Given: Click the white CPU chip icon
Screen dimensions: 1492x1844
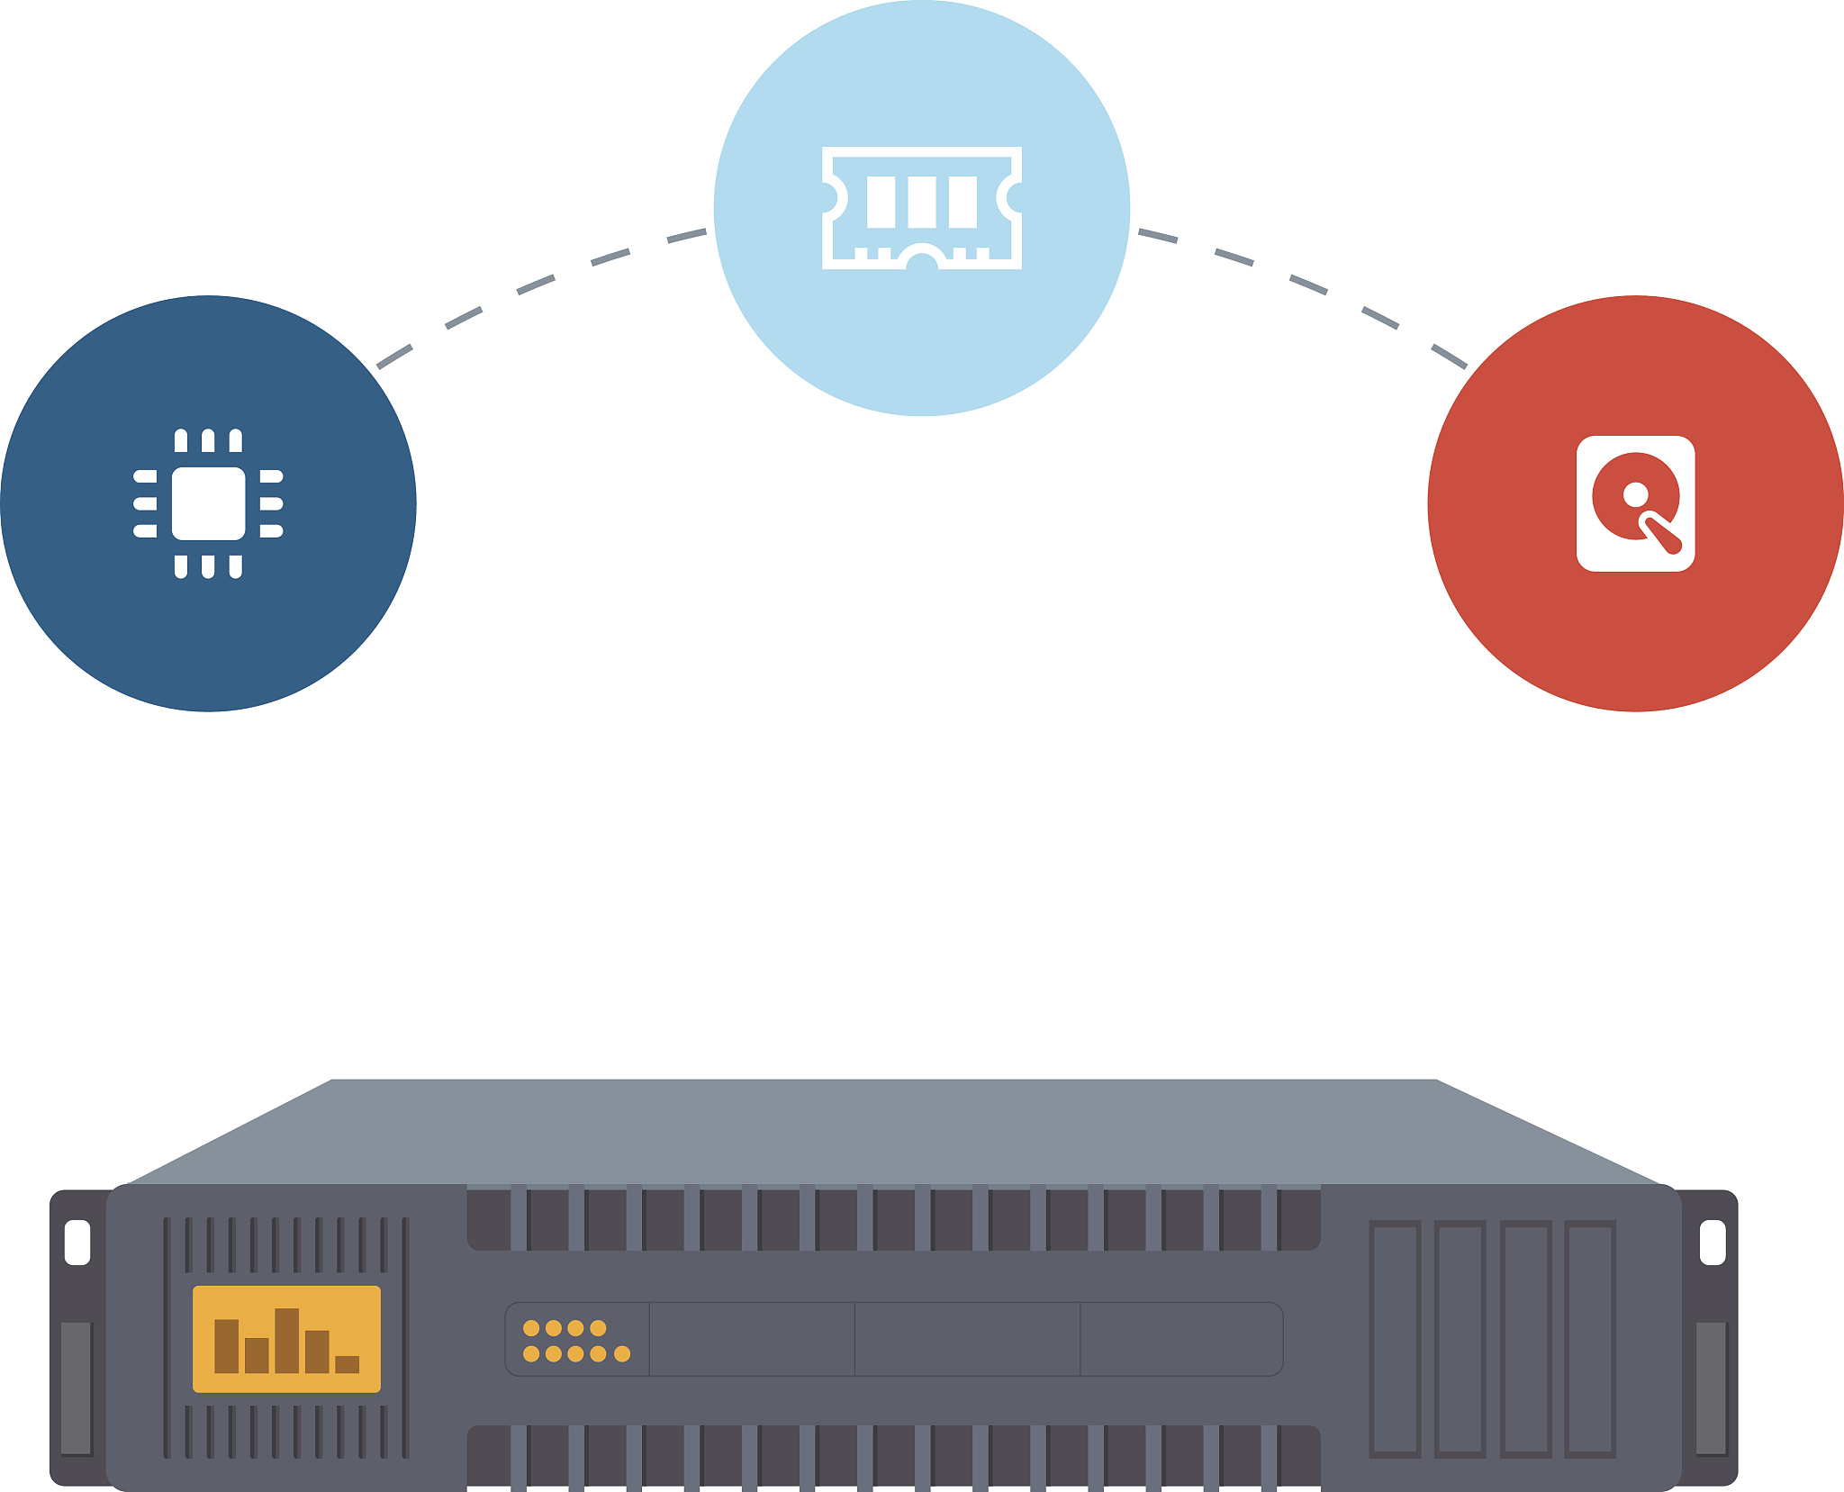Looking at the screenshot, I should point(208,503).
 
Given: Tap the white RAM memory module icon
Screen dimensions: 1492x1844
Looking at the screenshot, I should point(921,207).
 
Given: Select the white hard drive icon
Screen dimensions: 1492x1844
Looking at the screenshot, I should point(1635,503).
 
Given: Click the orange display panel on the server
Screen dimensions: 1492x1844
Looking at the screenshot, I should point(286,1338).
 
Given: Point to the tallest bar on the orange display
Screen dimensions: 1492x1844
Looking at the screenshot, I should point(286,1340).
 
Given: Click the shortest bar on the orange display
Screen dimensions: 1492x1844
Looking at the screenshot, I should point(347,1363).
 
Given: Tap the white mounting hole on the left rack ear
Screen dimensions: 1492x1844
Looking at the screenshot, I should point(77,1242).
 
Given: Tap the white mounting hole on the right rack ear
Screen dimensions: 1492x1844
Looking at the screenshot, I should point(1712,1242).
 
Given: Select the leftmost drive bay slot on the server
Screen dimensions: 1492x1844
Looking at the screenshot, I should point(1395,1338).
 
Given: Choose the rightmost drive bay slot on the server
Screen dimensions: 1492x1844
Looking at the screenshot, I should point(1590,1338).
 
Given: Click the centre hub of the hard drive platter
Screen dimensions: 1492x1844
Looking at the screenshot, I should point(1635,494).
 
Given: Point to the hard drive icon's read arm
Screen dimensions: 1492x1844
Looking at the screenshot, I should point(1661,533).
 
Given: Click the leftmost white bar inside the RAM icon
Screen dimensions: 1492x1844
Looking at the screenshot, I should point(881,202).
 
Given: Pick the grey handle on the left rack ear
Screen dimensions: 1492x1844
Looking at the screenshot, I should point(76,1387).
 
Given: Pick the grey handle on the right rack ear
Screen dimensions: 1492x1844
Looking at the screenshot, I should point(1711,1387).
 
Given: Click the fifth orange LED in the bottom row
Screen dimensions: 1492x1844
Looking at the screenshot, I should point(621,1353).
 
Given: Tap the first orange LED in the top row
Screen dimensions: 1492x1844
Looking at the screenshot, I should point(531,1327).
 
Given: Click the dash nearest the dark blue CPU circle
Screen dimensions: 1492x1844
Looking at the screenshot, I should point(394,357).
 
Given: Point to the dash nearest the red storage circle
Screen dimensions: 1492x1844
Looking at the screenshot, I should point(1450,357).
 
